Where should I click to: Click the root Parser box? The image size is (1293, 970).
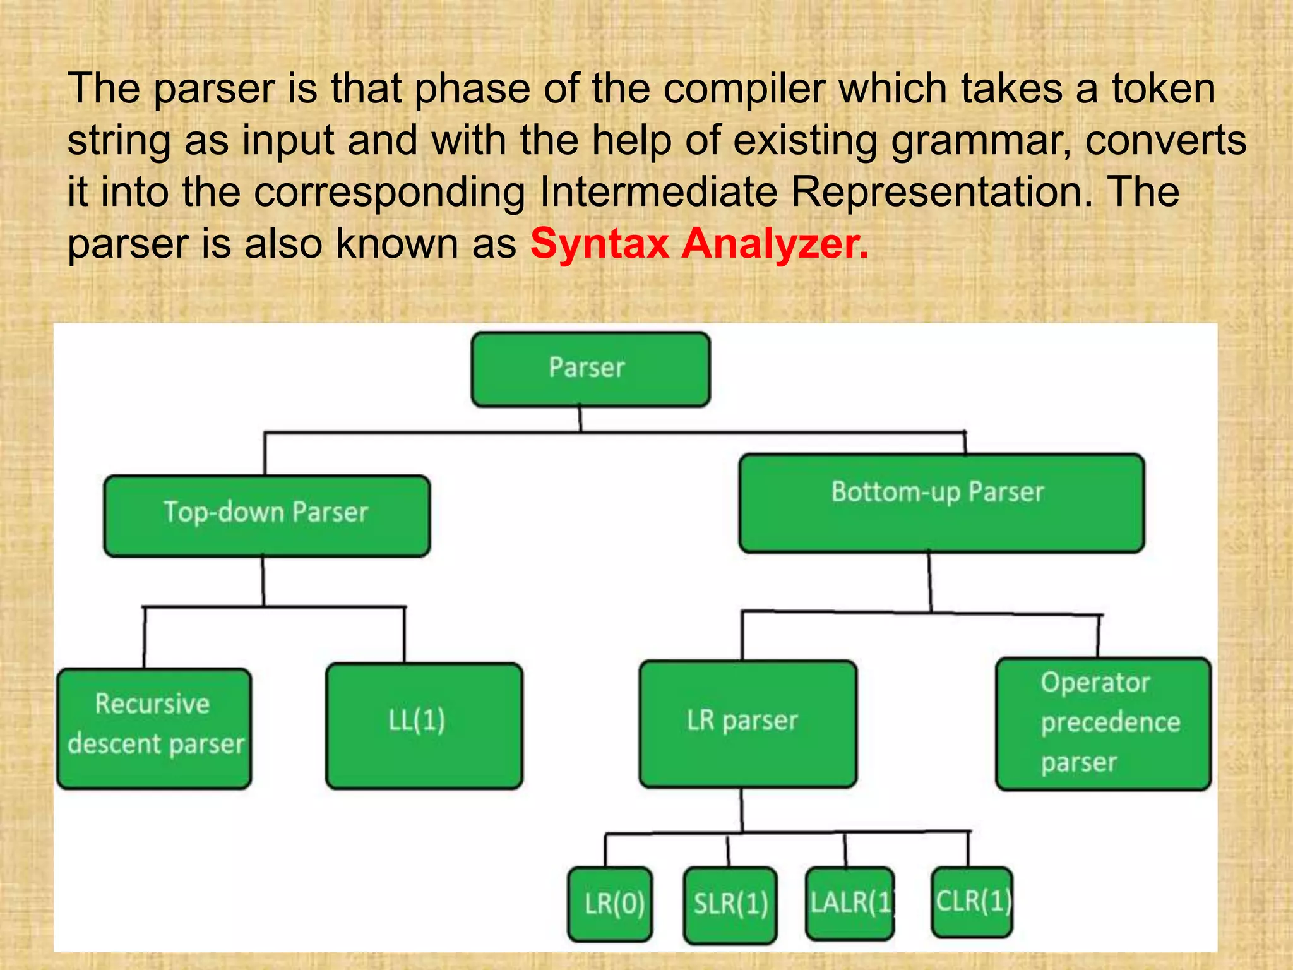(x=590, y=369)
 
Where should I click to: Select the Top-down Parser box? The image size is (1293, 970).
(x=266, y=515)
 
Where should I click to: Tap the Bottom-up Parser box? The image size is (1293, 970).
(x=941, y=503)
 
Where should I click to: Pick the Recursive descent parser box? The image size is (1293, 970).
(x=154, y=727)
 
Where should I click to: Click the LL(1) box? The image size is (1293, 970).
(x=424, y=725)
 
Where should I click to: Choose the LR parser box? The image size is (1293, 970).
(x=748, y=723)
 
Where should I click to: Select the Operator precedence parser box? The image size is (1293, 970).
(x=1102, y=723)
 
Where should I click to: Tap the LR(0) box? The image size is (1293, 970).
(x=610, y=904)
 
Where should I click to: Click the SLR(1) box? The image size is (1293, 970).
(x=730, y=904)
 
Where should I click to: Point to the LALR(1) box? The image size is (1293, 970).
(x=850, y=903)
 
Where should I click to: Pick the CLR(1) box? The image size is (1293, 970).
(x=971, y=901)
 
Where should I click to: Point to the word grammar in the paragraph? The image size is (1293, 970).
(x=980, y=140)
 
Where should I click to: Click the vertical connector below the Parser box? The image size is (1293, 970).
(x=580, y=419)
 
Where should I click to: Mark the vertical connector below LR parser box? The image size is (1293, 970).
(x=742, y=810)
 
